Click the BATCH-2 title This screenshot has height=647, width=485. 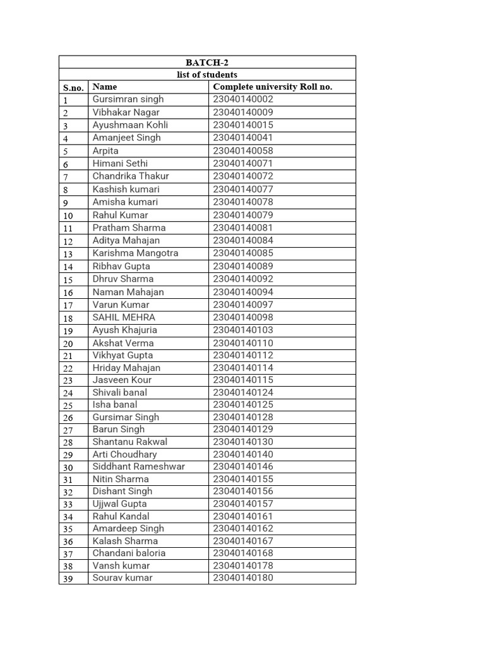[207, 63]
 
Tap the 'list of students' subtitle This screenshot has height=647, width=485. [207, 75]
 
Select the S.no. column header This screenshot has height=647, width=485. [73, 87]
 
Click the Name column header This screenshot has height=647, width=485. [105, 87]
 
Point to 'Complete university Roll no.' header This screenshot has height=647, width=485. [272, 87]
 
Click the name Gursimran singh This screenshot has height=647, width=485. [128, 99]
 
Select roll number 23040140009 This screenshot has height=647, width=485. [243, 112]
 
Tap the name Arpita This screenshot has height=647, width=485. [105, 151]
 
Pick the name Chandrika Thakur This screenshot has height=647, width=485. [131, 176]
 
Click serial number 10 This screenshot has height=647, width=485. [68, 215]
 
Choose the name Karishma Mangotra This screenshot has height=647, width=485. [135, 253]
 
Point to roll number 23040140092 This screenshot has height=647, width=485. [243, 279]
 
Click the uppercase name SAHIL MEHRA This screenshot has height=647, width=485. [124, 317]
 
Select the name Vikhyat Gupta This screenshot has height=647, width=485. [123, 355]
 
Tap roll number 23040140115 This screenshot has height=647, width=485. [243, 380]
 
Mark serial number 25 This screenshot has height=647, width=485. [68, 405]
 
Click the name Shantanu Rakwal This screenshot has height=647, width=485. [129, 442]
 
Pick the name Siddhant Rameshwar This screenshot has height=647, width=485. [139, 466]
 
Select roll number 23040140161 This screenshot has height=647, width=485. [243, 516]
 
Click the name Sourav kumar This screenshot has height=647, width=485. [123, 577]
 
